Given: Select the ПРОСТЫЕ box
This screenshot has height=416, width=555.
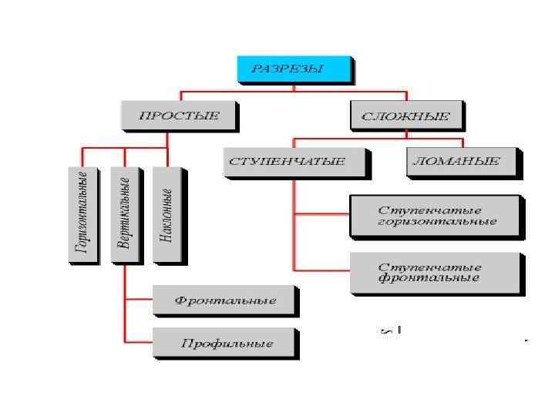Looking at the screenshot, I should pyautogui.click(x=179, y=116).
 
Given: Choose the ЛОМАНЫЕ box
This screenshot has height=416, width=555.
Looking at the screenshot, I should pyautogui.click(x=462, y=162).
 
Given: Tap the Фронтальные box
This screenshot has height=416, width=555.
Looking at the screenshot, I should pyautogui.click(x=224, y=300).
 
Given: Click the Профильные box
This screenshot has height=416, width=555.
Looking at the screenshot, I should pyautogui.click(x=224, y=343).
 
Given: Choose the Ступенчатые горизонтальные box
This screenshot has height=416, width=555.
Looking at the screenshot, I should pyautogui.click(x=436, y=216).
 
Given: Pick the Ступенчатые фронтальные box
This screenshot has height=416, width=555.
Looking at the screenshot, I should pyautogui.click(x=436, y=272).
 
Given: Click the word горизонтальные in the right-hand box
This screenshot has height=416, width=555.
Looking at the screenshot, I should pyautogui.click(x=436, y=222).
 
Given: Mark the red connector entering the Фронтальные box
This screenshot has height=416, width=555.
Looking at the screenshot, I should pyautogui.click(x=139, y=298).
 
